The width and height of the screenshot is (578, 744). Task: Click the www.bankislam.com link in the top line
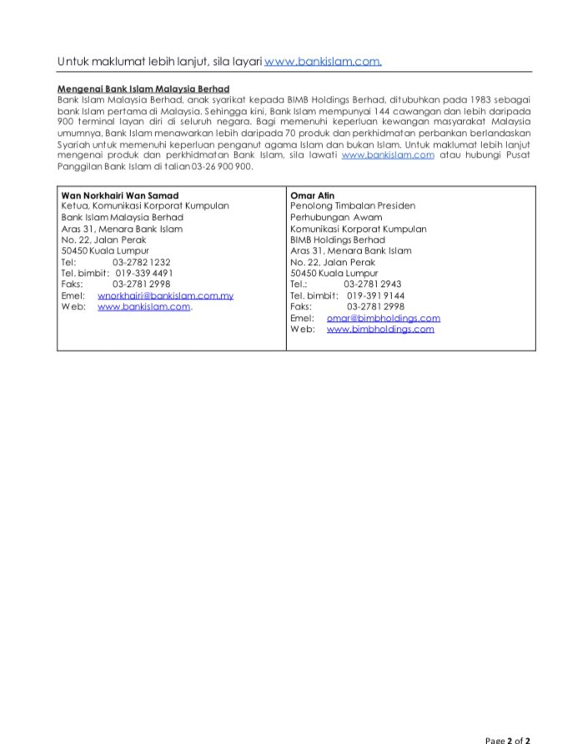click(323, 62)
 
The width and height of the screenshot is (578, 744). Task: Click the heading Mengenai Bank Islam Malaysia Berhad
click(143, 88)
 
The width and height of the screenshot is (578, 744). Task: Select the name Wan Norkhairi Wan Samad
click(120, 195)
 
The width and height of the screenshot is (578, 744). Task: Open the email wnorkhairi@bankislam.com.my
click(165, 295)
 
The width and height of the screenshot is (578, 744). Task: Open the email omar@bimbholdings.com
click(383, 318)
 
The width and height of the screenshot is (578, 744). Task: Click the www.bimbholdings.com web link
click(380, 329)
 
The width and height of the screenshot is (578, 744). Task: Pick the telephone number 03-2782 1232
click(141, 261)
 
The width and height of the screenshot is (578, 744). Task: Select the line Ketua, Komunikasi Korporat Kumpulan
click(145, 206)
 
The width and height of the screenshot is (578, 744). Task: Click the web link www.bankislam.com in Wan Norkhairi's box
click(144, 307)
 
